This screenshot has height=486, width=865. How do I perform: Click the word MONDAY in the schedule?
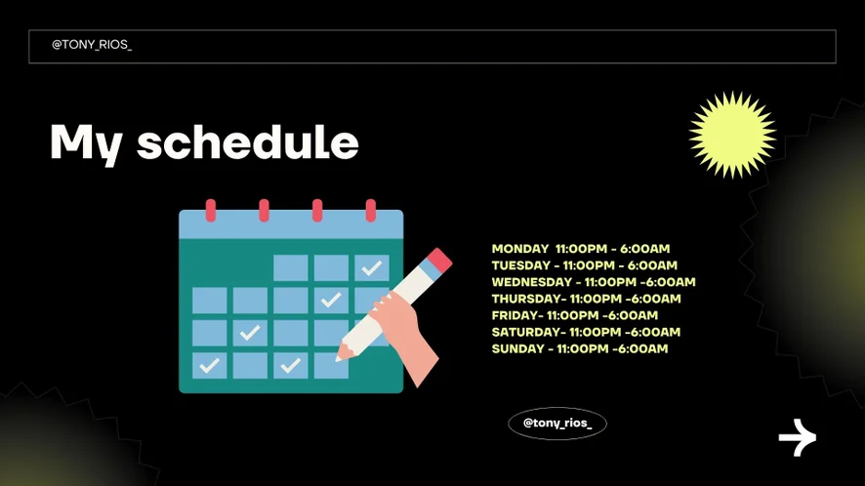(520, 249)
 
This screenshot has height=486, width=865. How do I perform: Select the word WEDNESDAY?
(532, 282)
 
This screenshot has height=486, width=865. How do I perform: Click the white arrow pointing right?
(797, 437)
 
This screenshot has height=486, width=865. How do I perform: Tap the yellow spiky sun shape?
(732, 135)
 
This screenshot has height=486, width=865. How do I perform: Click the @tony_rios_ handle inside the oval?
(557, 424)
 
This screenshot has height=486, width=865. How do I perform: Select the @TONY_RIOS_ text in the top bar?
(92, 45)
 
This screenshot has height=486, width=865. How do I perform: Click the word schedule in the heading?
(248, 142)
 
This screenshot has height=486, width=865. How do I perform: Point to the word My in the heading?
(86, 144)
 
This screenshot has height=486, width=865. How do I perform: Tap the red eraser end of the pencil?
(439, 260)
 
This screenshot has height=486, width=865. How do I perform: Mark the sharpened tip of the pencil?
(340, 358)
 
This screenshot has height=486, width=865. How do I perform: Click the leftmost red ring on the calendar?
(211, 211)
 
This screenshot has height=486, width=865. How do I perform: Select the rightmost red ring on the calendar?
(371, 211)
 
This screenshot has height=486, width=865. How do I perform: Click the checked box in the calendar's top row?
(372, 268)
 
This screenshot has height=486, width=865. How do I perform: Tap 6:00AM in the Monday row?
(645, 249)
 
